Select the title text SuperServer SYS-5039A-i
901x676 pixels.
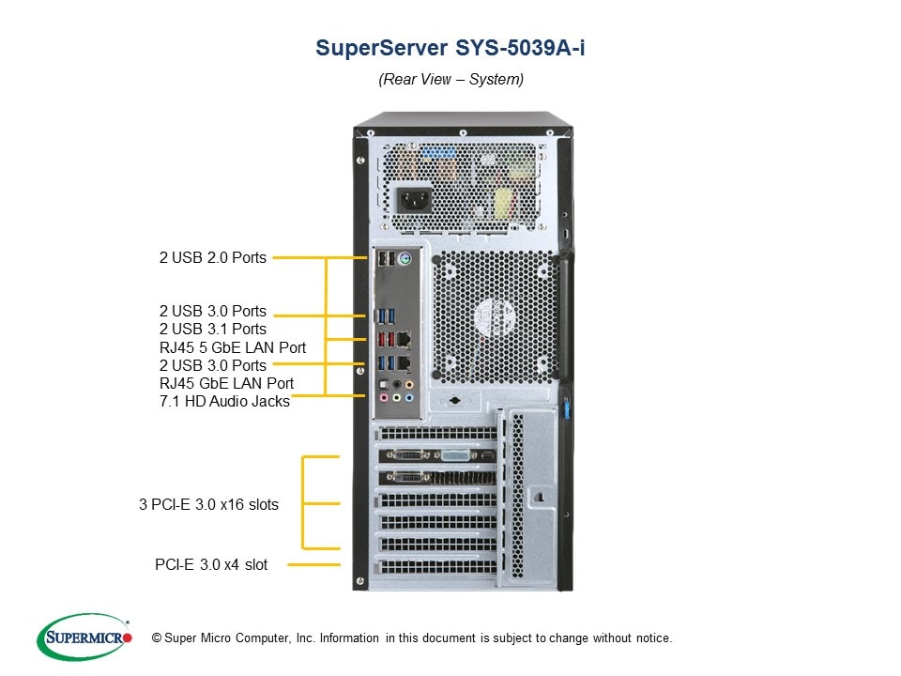tap(450, 48)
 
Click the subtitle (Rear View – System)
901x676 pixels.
tap(450, 79)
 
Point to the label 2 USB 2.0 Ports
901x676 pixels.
tap(212, 257)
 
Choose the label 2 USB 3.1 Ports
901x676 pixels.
tap(212, 329)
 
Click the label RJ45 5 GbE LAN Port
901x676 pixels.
tap(233, 347)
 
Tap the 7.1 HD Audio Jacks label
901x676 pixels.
tap(224, 401)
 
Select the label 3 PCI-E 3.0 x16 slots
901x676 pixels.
tap(208, 504)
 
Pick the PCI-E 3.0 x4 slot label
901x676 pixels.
tap(211, 564)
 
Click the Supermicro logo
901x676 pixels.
tap(84, 637)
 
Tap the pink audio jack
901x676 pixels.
tap(382, 398)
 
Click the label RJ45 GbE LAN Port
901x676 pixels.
tap(226, 383)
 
